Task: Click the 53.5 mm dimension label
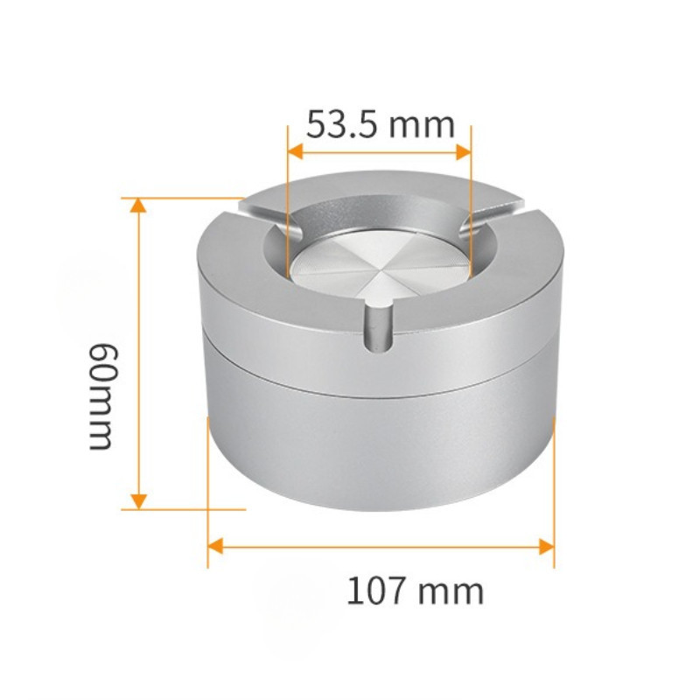[381, 124]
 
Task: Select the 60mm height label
[103, 396]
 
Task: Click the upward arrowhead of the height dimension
[139, 206]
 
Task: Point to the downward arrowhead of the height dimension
[139, 500]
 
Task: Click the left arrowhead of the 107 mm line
[215, 546]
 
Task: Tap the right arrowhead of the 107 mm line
[546, 546]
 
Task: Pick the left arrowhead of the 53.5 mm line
[296, 152]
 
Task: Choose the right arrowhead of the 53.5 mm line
[464, 152]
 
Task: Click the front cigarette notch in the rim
[378, 327]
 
